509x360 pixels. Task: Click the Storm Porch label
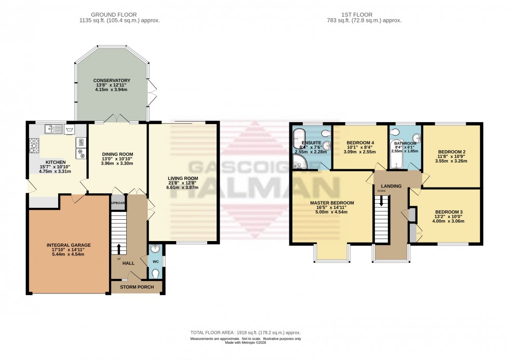coord(136,287)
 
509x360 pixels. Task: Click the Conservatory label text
coord(112,81)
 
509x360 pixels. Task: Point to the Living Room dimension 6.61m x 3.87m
coord(183,187)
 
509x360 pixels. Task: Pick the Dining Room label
coord(118,154)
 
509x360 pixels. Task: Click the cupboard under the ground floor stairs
coord(118,203)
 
